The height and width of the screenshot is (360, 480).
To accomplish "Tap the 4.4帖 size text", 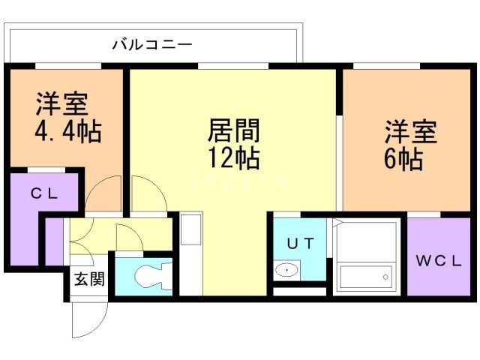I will (67, 133).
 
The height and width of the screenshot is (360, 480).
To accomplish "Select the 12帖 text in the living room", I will (233, 158).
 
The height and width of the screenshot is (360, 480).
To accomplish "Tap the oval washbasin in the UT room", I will (285, 270).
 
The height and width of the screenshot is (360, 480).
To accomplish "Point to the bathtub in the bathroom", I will (365, 276).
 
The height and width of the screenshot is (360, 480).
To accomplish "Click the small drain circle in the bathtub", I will (385, 277).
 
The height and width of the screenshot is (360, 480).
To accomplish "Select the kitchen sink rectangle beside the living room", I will (191, 229).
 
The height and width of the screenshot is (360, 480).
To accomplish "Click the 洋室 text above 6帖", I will (411, 132).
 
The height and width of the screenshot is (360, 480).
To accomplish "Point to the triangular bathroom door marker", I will (336, 223).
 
